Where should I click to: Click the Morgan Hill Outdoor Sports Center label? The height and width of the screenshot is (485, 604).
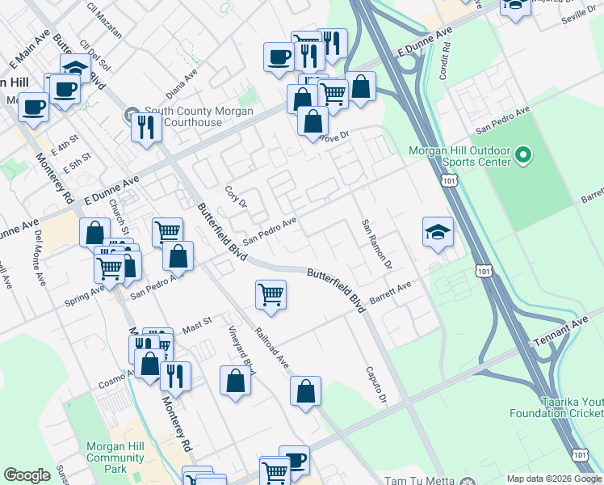460,156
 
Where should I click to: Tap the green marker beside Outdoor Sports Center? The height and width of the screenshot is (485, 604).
522,154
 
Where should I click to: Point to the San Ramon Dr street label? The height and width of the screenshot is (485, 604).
376,244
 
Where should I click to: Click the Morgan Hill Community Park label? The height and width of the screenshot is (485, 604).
115,458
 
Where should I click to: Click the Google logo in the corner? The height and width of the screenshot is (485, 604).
27,475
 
